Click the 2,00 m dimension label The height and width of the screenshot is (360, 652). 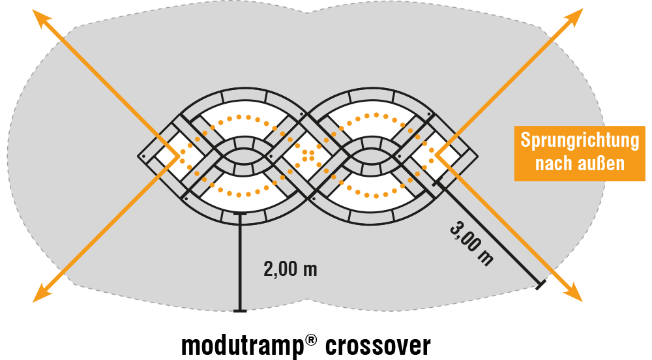[x=290, y=269]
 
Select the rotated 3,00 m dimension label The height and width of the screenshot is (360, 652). [x=471, y=243]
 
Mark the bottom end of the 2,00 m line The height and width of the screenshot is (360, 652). [x=241, y=311]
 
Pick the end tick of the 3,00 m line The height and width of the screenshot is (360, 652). [x=539, y=284]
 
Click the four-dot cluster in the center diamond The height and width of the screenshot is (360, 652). [x=308, y=155]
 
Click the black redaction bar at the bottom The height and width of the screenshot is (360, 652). [x=306, y=346]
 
